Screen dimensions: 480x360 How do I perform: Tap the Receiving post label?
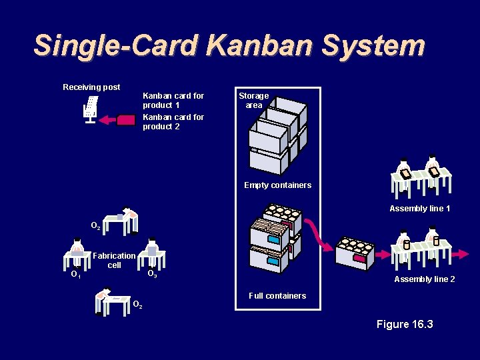91,87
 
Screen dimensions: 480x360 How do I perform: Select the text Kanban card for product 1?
173,100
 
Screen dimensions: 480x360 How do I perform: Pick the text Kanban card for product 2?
173,121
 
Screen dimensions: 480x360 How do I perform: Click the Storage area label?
254,100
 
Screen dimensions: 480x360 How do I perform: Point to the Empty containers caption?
277,185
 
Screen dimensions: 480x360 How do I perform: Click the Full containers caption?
277,295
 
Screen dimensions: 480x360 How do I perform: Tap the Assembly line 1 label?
420,209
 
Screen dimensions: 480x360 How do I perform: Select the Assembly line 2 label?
425,279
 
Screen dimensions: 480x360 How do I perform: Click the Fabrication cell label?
115,260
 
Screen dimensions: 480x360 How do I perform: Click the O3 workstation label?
152,274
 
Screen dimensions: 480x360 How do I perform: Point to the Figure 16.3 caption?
405,324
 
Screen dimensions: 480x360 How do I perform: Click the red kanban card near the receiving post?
125,121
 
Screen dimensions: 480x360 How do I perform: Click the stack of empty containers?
277,136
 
